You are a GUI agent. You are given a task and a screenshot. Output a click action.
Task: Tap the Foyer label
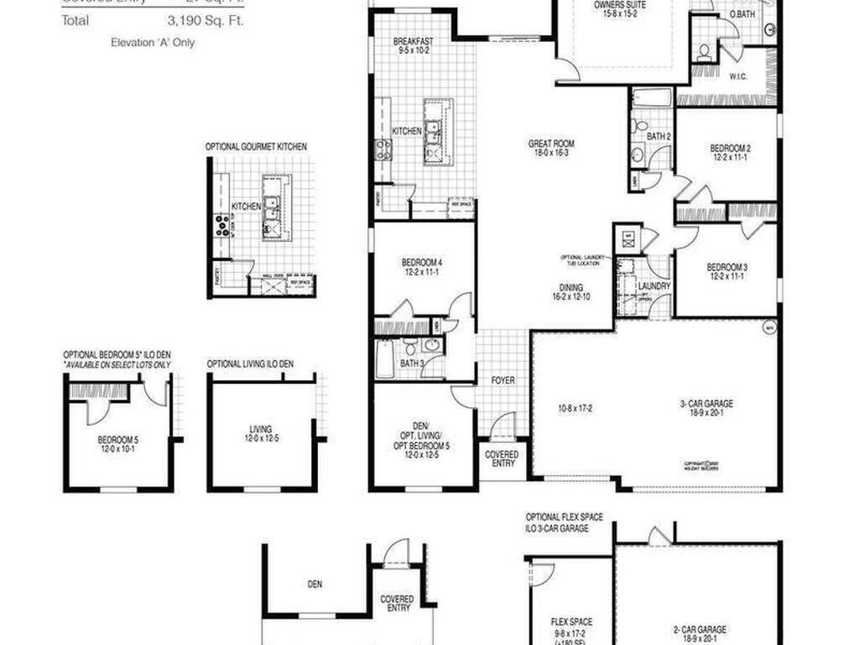pos(503,380)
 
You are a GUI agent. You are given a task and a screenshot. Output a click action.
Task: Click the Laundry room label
pos(654,286)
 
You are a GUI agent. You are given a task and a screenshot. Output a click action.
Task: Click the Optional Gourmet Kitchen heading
pos(256,147)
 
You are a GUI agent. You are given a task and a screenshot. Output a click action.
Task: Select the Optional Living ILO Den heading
pos(250,364)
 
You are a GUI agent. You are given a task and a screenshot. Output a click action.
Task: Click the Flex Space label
pos(571,622)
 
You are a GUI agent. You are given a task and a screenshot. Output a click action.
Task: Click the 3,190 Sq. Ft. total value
pos(205,21)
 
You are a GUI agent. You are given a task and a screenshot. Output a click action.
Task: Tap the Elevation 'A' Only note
pos(152,42)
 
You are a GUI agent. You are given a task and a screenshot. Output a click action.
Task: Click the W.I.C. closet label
pos(737,76)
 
